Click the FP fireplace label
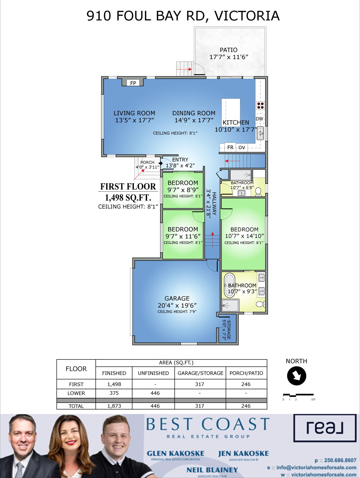pos(133,83)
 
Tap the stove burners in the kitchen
pos(261,105)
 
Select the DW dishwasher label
pos(259,119)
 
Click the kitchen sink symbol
pos(260,134)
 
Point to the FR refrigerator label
pos(230,148)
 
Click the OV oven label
pos(242,148)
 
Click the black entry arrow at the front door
pos(161,163)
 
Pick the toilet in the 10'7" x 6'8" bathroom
pos(258,191)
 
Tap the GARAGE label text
pos(177,298)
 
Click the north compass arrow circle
pos(297,376)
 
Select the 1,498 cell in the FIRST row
pos(114,384)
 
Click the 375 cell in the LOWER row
pos(114,393)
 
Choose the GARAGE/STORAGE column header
pos(200,373)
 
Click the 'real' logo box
pos(325,428)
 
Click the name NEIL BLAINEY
pos(212,470)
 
